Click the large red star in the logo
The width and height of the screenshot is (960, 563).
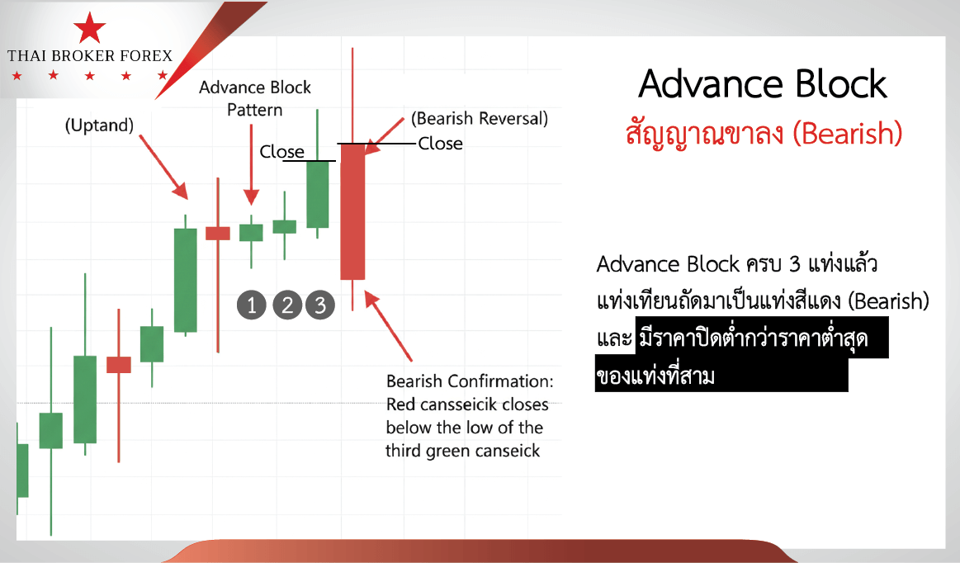89,28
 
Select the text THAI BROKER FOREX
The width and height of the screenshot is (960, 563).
90,56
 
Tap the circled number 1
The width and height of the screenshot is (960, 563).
252,305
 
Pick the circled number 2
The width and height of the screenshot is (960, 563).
287,305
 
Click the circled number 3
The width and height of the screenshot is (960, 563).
320,305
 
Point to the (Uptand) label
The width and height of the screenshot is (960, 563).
99,125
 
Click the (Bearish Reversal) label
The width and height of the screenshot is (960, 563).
480,118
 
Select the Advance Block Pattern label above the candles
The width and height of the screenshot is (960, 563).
255,98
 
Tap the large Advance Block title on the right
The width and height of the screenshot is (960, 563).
762,84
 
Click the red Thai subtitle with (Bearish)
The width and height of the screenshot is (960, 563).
764,132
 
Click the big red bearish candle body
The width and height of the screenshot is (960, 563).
352,212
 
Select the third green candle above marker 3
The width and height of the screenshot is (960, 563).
318,194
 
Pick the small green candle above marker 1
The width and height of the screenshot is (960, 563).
251,233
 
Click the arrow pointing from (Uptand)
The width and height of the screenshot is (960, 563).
163,168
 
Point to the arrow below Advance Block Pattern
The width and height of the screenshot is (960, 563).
251,165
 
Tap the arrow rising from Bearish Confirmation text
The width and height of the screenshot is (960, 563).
388,326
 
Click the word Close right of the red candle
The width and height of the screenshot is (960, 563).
440,144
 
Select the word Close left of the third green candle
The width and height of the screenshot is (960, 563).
281,151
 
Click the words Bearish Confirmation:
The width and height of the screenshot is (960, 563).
470,381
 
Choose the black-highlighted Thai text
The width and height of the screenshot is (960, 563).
741,355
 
